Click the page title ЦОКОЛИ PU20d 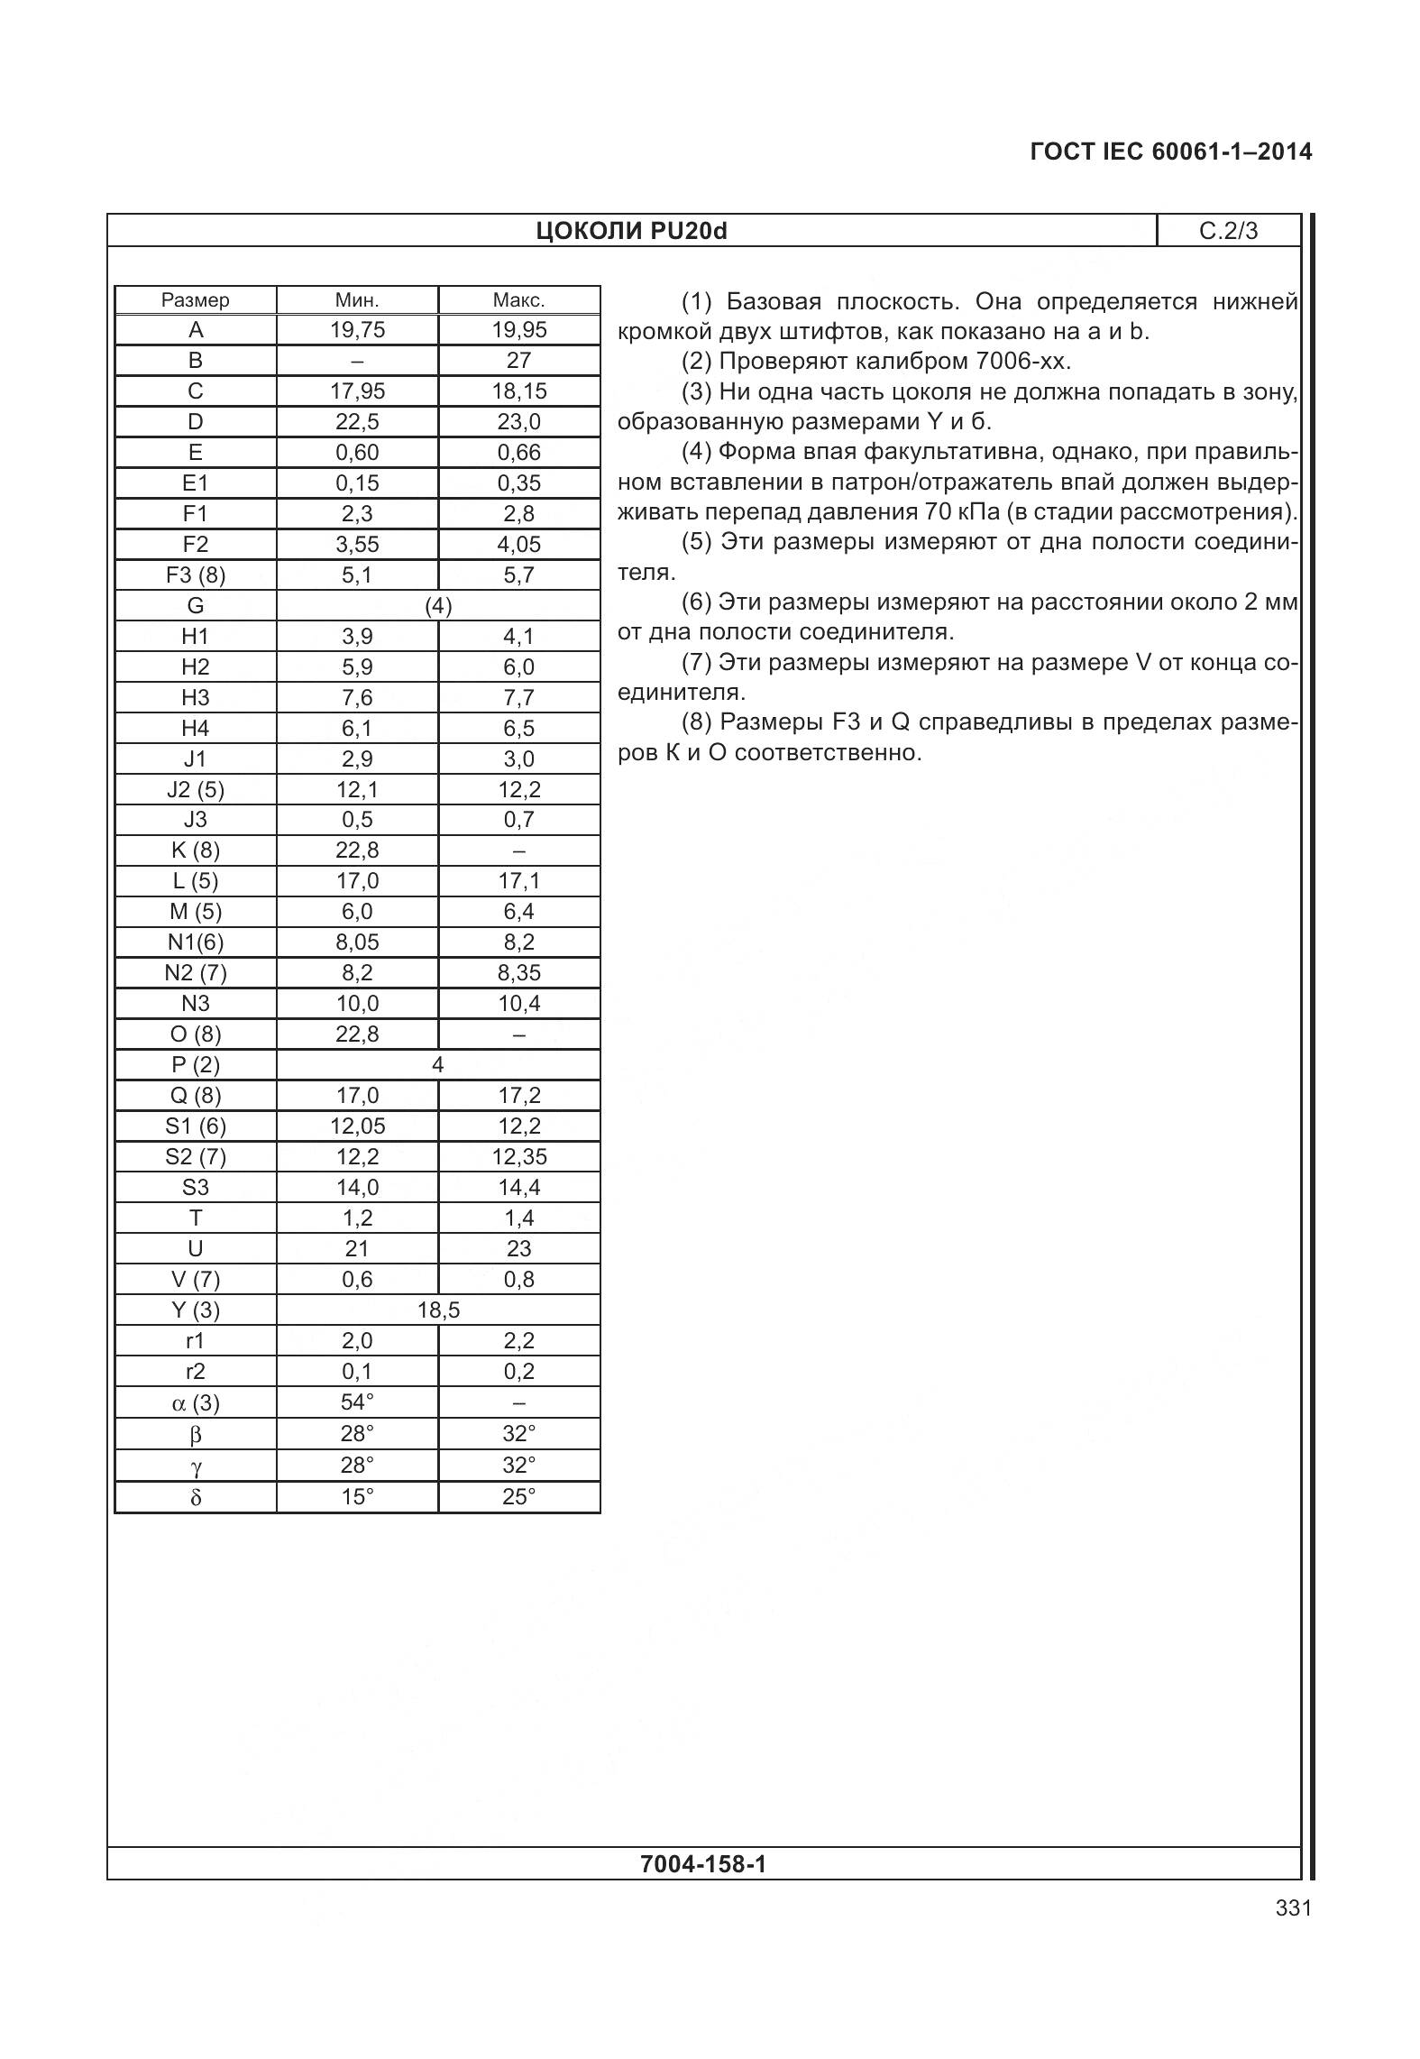pyautogui.click(x=631, y=231)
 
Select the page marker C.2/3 pyautogui.click(x=1227, y=231)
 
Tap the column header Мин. pyautogui.click(x=357, y=300)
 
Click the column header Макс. pyautogui.click(x=518, y=300)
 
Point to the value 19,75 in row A pyautogui.click(x=357, y=330)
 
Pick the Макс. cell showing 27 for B pyautogui.click(x=518, y=361)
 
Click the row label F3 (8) pyautogui.click(x=195, y=575)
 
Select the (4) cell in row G pyautogui.click(x=438, y=606)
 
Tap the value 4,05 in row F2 pyautogui.click(x=518, y=545)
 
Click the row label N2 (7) pyautogui.click(x=195, y=973)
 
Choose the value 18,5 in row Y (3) pyautogui.click(x=438, y=1310)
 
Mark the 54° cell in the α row pyautogui.click(x=357, y=1402)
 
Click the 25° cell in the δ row pyautogui.click(x=518, y=1498)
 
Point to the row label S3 pyautogui.click(x=195, y=1188)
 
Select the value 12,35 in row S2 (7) pyautogui.click(x=518, y=1157)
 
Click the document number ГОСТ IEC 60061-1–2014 pyautogui.click(x=1170, y=152)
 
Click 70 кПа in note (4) pyautogui.click(x=961, y=512)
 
